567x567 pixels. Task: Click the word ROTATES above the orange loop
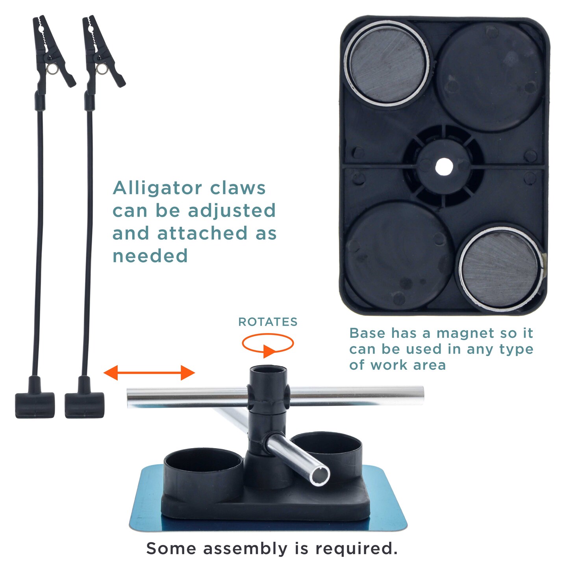point(267,322)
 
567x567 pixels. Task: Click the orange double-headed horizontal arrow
point(149,372)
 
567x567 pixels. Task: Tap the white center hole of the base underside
point(444,167)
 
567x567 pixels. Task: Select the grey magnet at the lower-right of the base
point(500,269)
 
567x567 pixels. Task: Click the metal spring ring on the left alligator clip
point(52,69)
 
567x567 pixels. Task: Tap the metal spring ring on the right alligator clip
point(102,69)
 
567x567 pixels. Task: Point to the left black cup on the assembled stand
point(204,470)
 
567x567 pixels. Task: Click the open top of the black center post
point(268,369)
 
